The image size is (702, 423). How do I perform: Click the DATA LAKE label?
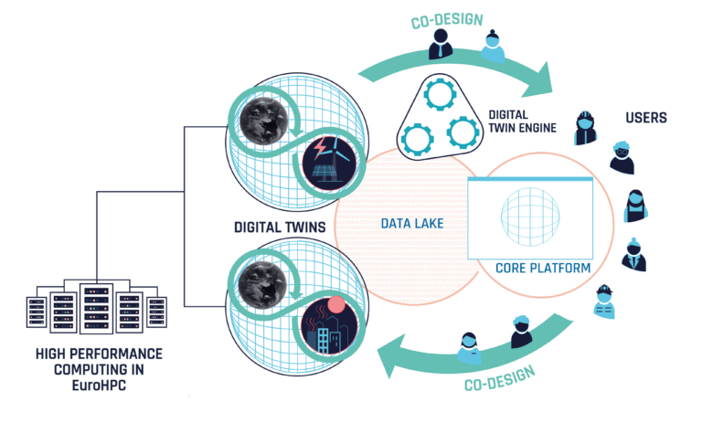pos(407,223)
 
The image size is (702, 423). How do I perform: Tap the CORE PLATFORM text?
pos(542,269)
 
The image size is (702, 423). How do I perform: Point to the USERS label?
pos(645,118)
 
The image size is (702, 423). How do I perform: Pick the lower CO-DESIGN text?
pos(499,376)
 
